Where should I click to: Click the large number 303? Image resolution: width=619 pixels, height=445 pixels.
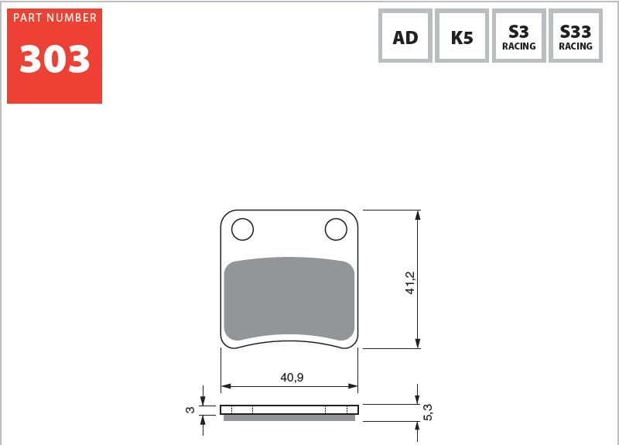(x=55, y=59)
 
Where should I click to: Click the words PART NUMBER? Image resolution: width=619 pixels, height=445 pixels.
(x=55, y=18)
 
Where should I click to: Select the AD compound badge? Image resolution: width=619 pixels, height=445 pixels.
(x=405, y=36)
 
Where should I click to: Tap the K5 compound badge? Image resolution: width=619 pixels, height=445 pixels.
(x=462, y=36)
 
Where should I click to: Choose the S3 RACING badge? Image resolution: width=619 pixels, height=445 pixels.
(x=518, y=36)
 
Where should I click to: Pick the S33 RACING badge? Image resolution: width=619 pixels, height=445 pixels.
(x=576, y=36)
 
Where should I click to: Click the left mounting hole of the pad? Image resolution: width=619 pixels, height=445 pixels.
(x=242, y=229)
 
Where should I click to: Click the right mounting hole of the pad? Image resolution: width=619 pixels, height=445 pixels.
(x=336, y=229)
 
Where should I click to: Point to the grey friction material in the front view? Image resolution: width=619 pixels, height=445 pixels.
(x=289, y=299)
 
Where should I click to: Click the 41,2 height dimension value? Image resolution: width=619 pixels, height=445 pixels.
(x=410, y=282)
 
